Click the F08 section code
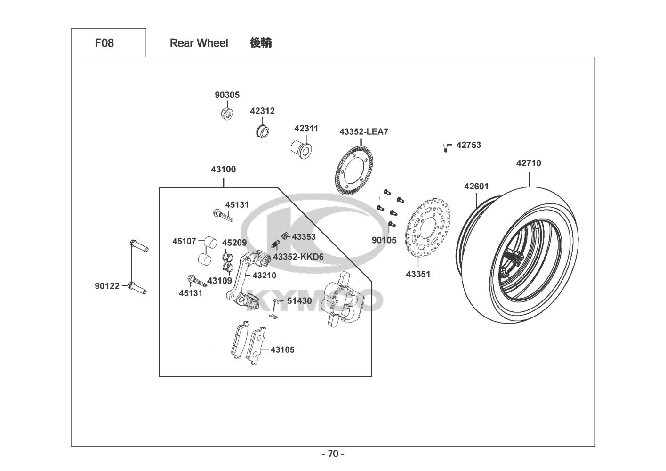point(104,43)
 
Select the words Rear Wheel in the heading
point(199,43)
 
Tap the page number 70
point(333,454)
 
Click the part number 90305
point(227,95)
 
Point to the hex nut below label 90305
point(227,113)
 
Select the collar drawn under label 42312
point(262,131)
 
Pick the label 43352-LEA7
point(364,131)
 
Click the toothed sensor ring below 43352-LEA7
point(354,171)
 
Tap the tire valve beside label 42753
point(445,147)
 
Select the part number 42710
point(529,163)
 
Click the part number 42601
point(476,186)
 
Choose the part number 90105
point(384,240)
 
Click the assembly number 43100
point(223,169)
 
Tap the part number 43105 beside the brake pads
point(282,349)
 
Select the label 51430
point(299,301)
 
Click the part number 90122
point(107,286)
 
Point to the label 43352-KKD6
point(298,257)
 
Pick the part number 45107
point(185,241)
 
